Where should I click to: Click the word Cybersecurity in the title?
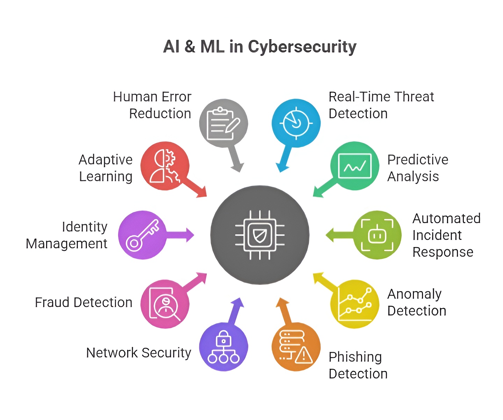coord(302,47)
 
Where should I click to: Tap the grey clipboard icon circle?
coord(224,123)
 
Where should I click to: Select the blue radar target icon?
coord(296,123)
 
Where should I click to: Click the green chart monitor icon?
coord(355,166)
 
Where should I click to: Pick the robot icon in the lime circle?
coord(377,235)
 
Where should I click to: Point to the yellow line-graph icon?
coord(355,304)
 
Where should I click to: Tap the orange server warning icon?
coord(296,347)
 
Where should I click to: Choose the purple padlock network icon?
coord(224,347)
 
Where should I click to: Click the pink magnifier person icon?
coord(165,304)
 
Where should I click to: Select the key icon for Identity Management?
coord(142,235)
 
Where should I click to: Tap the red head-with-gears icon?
coord(165,166)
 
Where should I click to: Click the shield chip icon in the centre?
coord(260,235)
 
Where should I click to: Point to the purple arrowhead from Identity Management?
coord(190,235)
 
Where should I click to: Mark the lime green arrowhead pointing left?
coord(330,235)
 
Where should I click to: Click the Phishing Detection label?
coord(358,365)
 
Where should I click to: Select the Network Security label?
coord(139,353)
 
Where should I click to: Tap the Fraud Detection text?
coord(83,303)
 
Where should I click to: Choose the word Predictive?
coord(418,160)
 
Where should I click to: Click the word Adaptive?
coord(105,160)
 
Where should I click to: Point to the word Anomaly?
coord(414,294)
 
